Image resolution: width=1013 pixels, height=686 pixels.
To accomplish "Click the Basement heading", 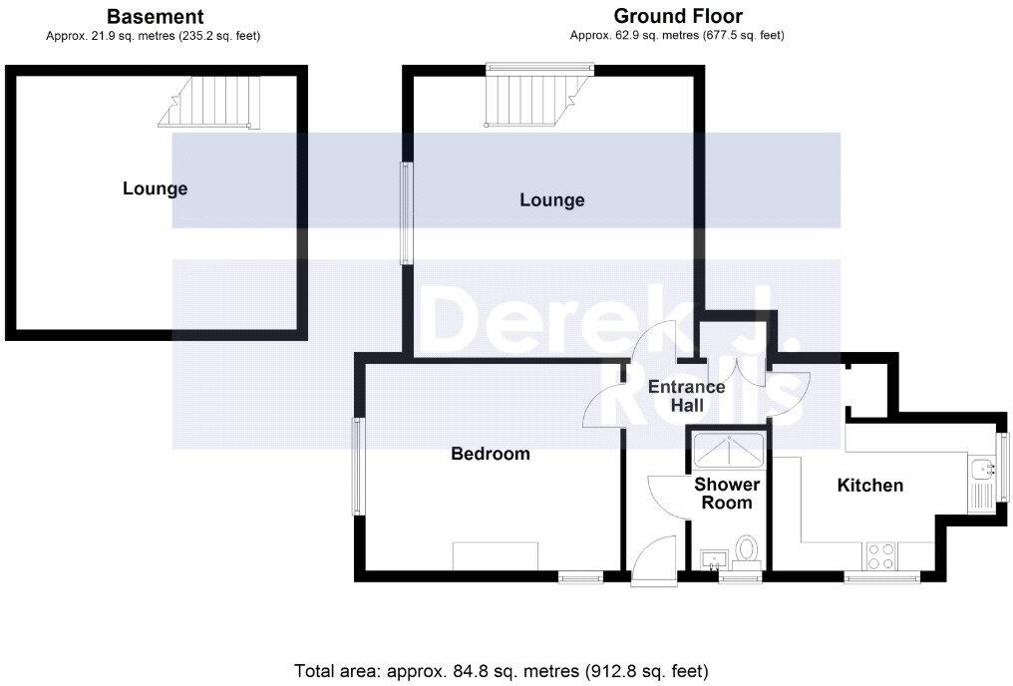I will [x=155, y=16].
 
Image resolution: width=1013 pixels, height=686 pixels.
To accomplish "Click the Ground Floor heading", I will [x=677, y=16].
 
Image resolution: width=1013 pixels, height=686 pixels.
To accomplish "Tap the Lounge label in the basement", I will [x=155, y=188].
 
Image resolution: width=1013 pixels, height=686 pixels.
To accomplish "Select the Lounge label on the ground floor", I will [x=551, y=200].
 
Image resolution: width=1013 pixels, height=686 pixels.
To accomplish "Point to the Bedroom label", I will [x=491, y=454].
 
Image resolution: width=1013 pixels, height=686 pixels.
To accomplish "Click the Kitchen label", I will [x=869, y=486].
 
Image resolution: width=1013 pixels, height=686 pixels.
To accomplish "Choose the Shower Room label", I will [x=727, y=494].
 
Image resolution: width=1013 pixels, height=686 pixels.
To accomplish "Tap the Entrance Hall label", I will [x=686, y=396].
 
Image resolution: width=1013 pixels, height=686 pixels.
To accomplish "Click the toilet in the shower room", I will [x=747, y=550].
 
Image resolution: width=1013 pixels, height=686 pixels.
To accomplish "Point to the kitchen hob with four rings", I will [x=880, y=555].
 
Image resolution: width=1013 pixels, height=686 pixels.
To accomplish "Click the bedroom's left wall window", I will [x=357, y=467].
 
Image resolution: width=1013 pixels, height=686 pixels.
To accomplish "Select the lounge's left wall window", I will [x=406, y=213].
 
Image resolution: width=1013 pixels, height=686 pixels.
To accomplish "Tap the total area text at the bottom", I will [x=502, y=670].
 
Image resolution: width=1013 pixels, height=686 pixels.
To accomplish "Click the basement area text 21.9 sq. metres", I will [x=154, y=36].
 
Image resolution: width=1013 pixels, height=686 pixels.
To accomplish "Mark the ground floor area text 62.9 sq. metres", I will [x=677, y=36].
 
